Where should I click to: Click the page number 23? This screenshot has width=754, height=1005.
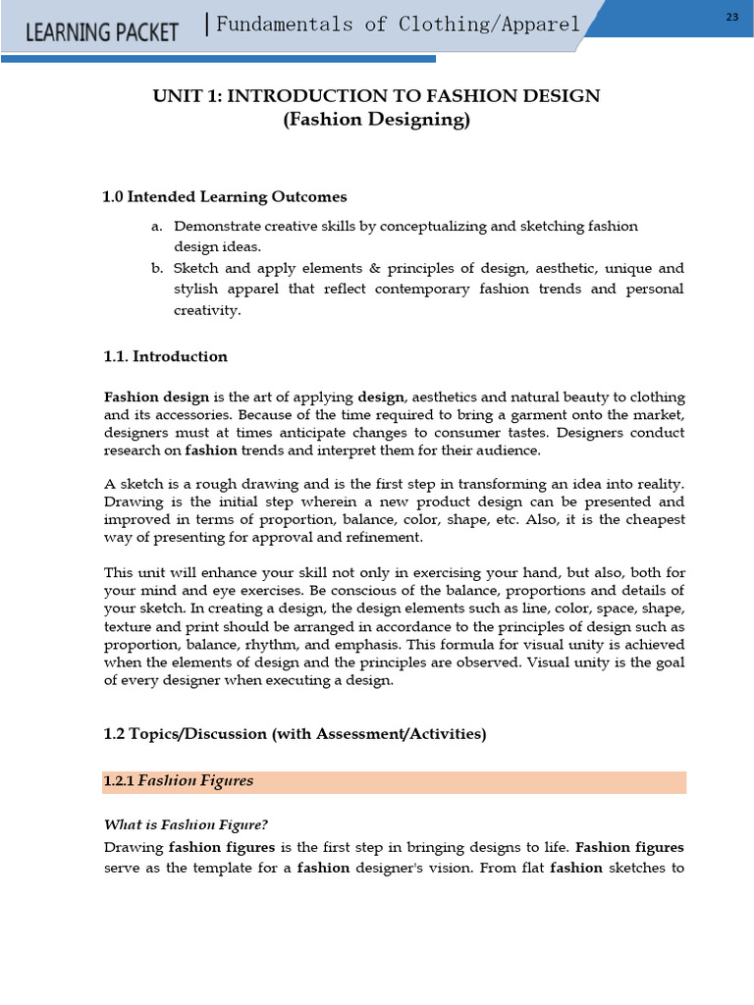(x=732, y=18)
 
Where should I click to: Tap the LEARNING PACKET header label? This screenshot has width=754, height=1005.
(x=101, y=31)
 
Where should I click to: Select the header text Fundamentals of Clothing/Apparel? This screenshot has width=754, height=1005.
(x=398, y=25)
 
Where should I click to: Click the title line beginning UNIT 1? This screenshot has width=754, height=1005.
(x=376, y=95)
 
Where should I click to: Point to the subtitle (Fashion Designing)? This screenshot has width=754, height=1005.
(x=376, y=120)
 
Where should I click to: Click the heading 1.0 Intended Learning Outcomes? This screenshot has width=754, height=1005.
(x=225, y=197)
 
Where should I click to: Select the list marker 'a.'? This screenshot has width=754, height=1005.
(x=156, y=227)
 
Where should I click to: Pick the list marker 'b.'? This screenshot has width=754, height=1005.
(x=156, y=268)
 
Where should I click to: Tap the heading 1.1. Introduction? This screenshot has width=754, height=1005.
(x=166, y=356)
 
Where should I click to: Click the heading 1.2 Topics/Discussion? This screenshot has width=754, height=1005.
(x=295, y=734)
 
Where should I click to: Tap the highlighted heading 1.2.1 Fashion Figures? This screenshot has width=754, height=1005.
(x=179, y=781)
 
